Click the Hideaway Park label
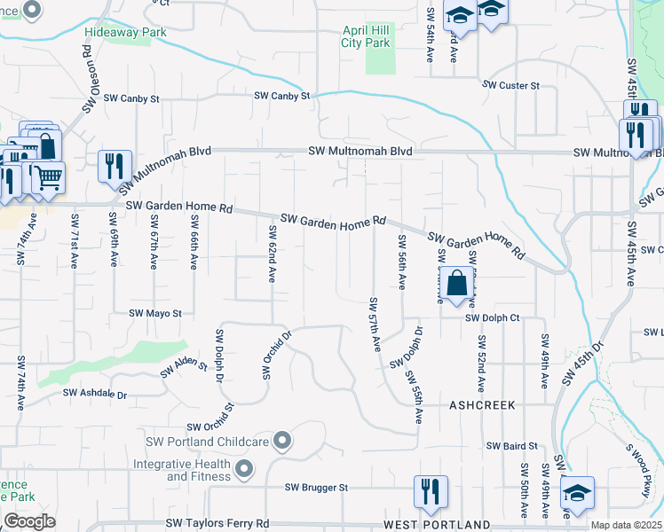[x=125, y=32]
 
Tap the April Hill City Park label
[x=367, y=35]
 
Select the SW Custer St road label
[x=511, y=85]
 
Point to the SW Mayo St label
[x=155, y=313]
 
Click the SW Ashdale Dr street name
[x=95, y=393]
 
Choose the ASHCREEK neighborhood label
[x=481, y=403]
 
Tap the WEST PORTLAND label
[x=437, y=524]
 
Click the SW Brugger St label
[x=316, y=487]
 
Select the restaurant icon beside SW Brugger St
[x=431, y=492]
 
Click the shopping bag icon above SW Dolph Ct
[x=456, y=285]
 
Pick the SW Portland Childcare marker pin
[x=282, y=440]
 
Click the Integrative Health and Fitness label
[x=183, y=470]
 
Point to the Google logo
[x=29, y=521]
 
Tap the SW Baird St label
[x=512, y=445]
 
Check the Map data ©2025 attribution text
[x=625, y=525]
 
